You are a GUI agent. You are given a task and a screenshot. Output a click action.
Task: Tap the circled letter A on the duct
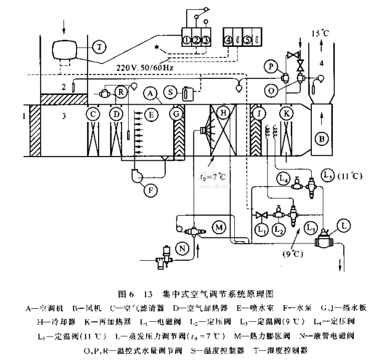tap(149, 93)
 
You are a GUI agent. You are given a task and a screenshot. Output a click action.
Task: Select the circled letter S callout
tap(168, 93)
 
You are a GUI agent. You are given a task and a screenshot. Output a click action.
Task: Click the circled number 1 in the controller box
tap(187, 40)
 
